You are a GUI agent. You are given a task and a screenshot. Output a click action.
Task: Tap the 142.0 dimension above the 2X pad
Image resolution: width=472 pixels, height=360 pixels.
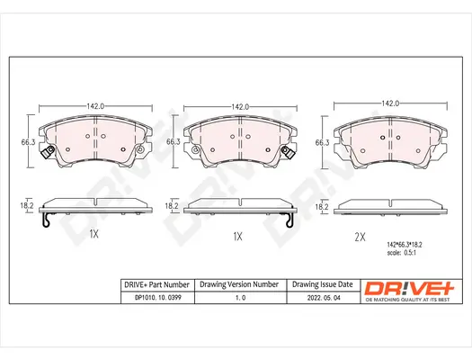390,103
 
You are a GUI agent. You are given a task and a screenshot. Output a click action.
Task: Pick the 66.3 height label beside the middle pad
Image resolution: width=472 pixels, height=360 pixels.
172,141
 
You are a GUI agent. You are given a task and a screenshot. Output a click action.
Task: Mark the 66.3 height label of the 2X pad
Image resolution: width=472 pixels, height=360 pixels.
322,141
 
